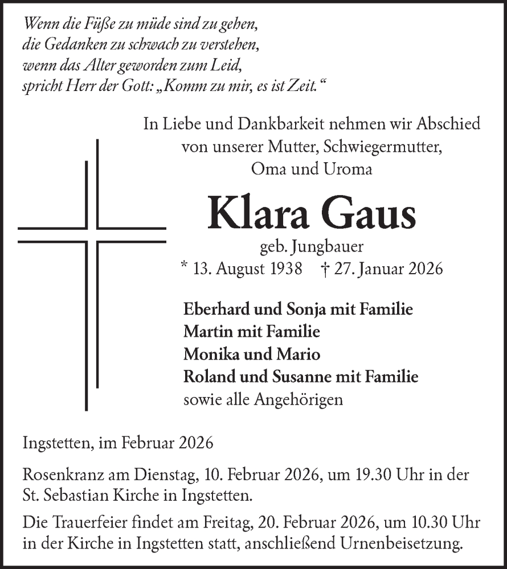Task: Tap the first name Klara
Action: (x=259, y=214)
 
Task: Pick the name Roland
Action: (x=206, y=377)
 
